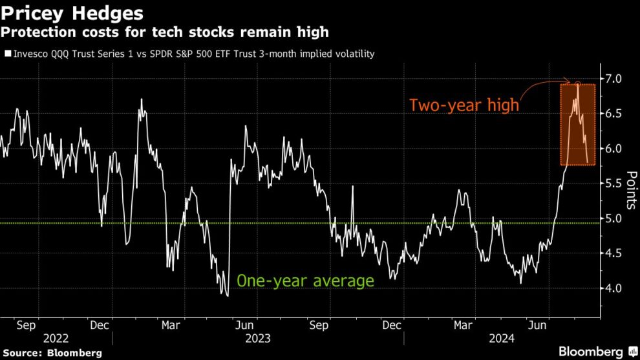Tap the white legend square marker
[x=8, y=54]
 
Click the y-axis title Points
[x=630, y=190]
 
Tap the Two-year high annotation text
[x=464, y=105]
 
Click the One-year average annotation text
[x=305, y=281]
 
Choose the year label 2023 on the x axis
[x=258, y=337]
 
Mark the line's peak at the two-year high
[x=577, y=83]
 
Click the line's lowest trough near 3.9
[x=226, y=295]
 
